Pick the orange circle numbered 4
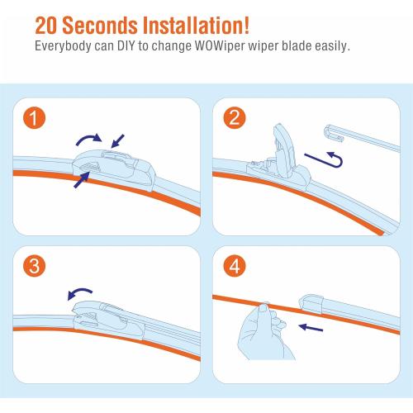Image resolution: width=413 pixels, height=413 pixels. click(235, 267)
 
